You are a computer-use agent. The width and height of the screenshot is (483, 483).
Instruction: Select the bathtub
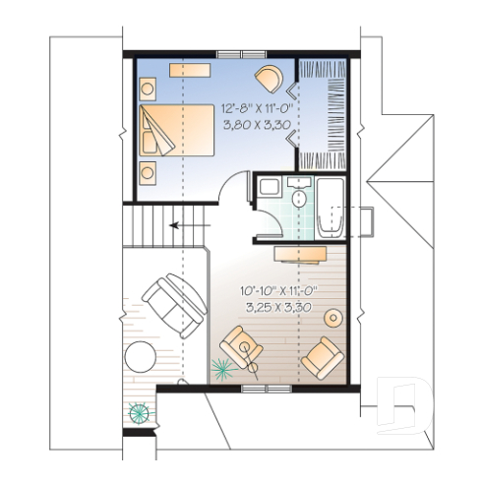tap(330, 207)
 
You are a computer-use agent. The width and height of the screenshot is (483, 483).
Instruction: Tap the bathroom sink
tap(267, 189)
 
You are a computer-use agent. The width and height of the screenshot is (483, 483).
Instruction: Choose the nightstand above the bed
tap(149, 88)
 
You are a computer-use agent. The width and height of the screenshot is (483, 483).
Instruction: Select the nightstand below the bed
tap(149, 171)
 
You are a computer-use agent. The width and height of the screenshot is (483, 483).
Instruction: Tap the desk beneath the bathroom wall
tap(303, 252)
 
